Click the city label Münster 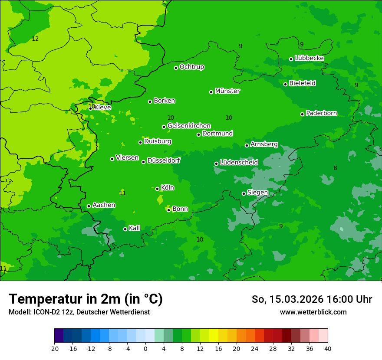(x=227, y=91)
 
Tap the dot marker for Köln (x=157, y=189)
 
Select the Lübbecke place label (x=309, y=58)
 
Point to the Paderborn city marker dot (x=302, y=114)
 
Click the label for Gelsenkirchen (x=189, y=126)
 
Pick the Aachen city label (x=104, y=205)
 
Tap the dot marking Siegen (x=244, y=193)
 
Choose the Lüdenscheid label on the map (x=239, y=163)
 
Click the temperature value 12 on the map (x=35, y=39)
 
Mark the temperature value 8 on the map (x=335, y=168)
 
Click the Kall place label (x=134, y=228)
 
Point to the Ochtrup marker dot (x=176, y=68)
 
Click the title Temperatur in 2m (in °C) (x=86, y=299)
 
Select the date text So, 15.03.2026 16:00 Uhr (x=312, y=299)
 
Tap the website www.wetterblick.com (x=313, y=312)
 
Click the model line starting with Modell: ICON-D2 (x=79, y=312)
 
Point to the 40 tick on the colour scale (x=327, y=348)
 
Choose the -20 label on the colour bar (x=54, y=348)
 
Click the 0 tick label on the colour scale (x=145, y=348)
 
